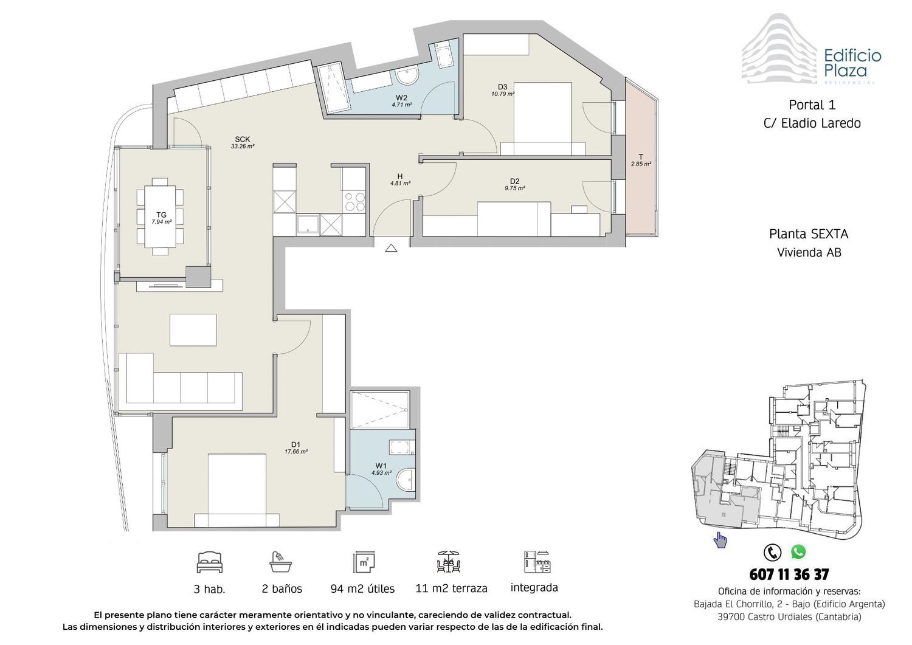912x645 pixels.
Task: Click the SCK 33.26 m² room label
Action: [243, 142]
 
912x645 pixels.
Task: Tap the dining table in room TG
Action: [160, 216]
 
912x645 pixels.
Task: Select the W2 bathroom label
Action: [401, 101]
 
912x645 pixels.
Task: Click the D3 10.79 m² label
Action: [503, 90]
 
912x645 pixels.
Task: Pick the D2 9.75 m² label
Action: [514, 184]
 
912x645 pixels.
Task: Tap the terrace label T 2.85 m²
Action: [641, 160]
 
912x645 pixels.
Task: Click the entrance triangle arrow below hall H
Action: [391, 247]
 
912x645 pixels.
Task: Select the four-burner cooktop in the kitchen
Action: [354, 202]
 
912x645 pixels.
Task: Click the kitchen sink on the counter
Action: [308, 225]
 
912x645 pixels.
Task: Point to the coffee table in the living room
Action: [193, 330]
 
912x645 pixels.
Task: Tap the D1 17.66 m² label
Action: [296, 447]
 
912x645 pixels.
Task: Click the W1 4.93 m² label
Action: [381, 469]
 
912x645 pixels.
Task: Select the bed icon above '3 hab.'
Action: [210, 562]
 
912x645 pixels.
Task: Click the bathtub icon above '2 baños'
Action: [280, 562]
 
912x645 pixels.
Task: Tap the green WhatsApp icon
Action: [798, 552]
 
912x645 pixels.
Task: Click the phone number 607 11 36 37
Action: [789, 574]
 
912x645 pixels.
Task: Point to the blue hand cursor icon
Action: [720, 540]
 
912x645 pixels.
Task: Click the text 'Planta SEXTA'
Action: [809, 234]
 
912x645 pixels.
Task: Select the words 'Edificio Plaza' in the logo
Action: [852, 63]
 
